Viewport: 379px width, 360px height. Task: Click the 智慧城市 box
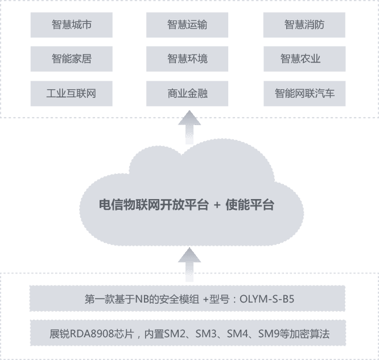pyautogui.click(x=71, y=24)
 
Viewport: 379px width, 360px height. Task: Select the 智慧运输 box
pyautogui.click(x=187, y=24)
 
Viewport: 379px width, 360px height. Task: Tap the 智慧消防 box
pyautogui.click(x=304, y=24)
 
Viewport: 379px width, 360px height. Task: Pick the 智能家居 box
pyautogui.click(x=71, y=59)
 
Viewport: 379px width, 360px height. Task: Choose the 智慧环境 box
pyautogui.click(x=187, y=59)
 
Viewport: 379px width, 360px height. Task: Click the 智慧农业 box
pyautogui.click(x=304, y=59)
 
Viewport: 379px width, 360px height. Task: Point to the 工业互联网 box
pyautogui.click(x=71, y=93)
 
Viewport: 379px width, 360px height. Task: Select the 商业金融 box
pyautogui.click(x=187, y=93)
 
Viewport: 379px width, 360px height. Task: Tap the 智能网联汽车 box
pyautogui.click(x=304, y=93)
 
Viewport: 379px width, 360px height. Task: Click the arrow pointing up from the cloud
pyautogui.click(x=189, y=127)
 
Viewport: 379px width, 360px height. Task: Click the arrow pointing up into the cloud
pyautogui.click(x=189, y=263)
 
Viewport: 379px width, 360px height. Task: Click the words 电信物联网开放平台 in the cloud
pyautogui.click(x=152, y=205)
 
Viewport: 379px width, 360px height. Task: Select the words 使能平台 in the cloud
pyautogui.click(x=250, y=205)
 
